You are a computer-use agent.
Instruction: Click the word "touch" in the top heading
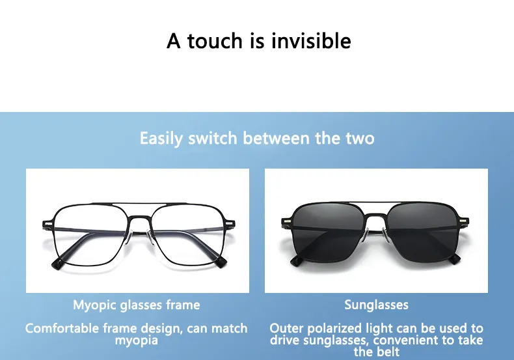(x=215, y=41)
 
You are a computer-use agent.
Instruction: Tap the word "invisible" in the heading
(x=311, y=40)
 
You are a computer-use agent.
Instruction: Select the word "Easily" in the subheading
(x=161, y=138)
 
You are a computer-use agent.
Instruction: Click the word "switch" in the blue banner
(x=212, y=138)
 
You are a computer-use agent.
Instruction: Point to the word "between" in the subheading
(x=276, y=138)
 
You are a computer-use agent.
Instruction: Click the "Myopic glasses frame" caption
(x=137, y=305)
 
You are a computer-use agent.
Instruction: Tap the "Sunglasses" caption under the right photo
(x=376, y=305)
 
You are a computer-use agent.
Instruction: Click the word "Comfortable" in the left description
(x=62, y=328)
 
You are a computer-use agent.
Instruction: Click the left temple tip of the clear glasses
(x=57, y=263)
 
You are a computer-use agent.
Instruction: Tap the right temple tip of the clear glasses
(x=221, y=262)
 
